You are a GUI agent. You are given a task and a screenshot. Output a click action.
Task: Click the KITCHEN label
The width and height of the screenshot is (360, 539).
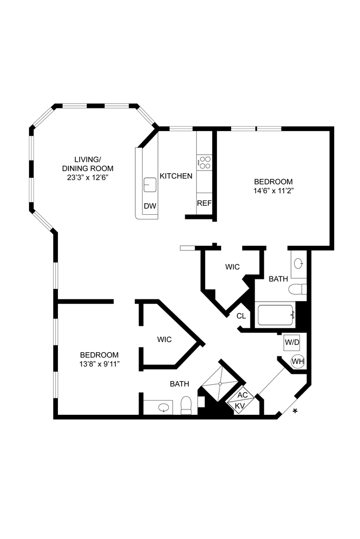coord(176,176)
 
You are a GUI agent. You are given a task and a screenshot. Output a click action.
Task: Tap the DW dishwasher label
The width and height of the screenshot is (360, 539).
coord(150,206)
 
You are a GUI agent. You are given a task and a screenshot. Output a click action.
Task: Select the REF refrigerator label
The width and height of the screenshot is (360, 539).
coord(204,203)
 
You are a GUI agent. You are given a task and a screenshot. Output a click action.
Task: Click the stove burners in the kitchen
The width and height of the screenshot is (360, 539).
coord(204,162)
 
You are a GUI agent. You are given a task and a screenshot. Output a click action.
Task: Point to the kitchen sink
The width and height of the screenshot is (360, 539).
coord(150,185)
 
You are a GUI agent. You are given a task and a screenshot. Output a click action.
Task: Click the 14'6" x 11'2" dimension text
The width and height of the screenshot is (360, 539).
coord(273,191)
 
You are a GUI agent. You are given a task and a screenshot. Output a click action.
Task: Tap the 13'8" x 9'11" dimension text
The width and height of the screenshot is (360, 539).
coord(99,364)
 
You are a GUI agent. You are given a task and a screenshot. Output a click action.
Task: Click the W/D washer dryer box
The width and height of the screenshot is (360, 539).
coord(292,343)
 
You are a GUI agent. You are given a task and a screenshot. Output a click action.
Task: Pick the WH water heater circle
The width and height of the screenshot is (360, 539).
coord(298,362)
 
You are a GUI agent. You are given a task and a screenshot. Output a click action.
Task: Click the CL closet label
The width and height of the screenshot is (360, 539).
coord(241,316)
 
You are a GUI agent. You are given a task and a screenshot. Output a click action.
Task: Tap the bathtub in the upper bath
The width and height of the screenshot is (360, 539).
coord(275,315)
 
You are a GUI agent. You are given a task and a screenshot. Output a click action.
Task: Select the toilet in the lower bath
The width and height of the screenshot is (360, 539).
coord(186,406)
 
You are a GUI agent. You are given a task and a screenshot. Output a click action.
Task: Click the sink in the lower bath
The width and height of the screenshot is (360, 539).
coord(164,407)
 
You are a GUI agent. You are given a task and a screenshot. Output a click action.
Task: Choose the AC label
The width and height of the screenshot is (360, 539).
coord(243,395)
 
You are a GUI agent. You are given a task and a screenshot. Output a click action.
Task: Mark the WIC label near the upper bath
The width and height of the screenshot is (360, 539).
coord(232,267)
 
